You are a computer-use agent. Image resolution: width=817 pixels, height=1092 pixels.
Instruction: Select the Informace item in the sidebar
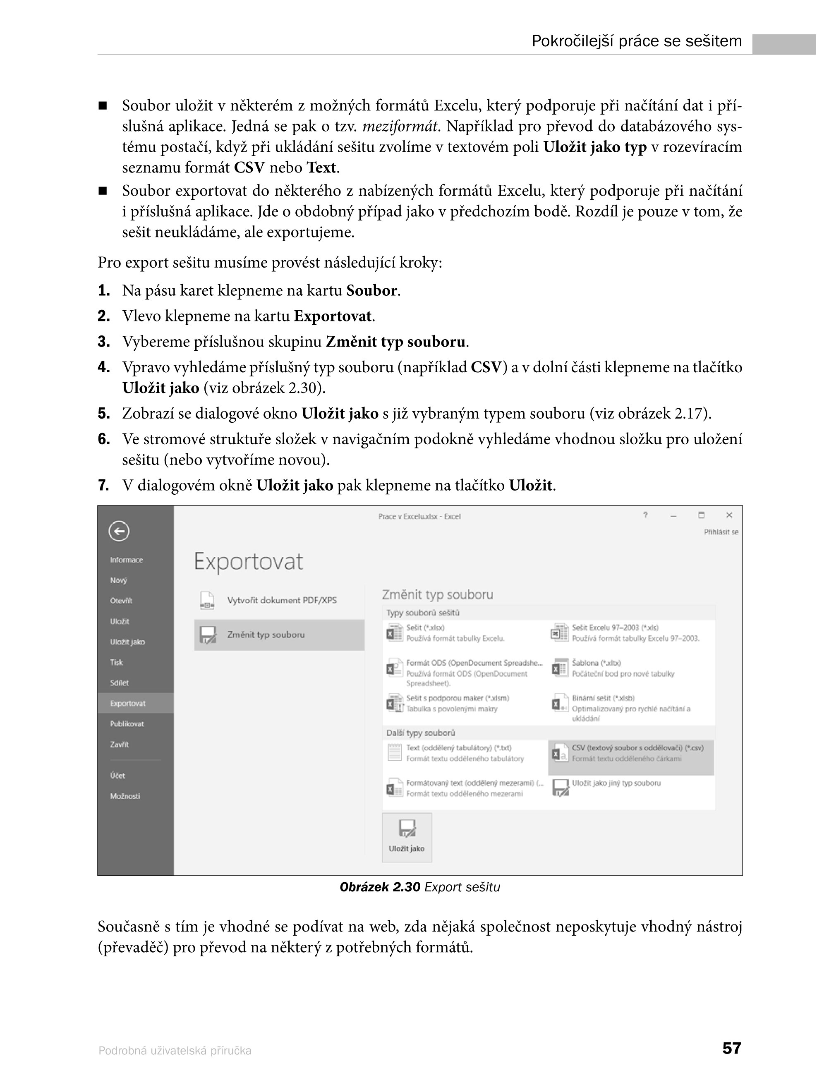point(126,560)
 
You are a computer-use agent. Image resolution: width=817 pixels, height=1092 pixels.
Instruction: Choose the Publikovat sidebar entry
point(127,724)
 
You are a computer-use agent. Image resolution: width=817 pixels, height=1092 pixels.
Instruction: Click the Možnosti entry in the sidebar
point(125,796)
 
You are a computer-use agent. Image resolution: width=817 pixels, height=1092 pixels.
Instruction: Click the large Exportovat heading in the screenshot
point(248,562)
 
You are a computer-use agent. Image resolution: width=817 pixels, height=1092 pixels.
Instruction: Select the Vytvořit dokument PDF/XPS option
point(281,600)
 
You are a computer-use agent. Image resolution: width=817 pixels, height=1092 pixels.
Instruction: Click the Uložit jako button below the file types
point(407,838)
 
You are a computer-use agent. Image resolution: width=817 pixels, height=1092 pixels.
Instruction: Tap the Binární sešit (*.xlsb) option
point(603,698)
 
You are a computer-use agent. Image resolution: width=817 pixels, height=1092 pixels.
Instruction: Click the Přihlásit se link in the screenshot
point(721,532)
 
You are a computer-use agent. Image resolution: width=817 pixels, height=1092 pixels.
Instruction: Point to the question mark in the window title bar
point(645,515)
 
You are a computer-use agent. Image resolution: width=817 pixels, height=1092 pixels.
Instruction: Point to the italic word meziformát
point(400,127)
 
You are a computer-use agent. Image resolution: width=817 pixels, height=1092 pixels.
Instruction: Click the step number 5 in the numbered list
point(104,414)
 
